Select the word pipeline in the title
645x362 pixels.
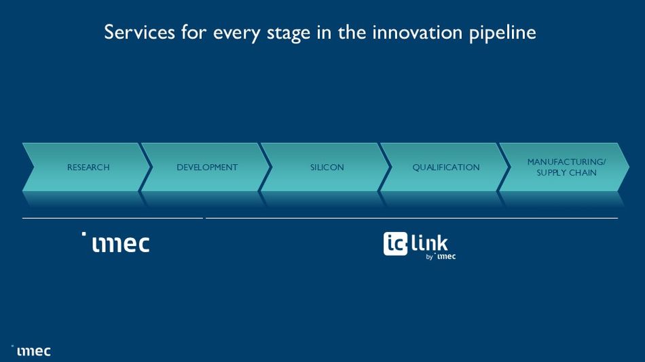click(x=505, y=33)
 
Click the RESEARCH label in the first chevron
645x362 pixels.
click(x=88, y=167)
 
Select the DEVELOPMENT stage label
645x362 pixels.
click(x=207, y=167)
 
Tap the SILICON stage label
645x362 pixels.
click(x=327, y=167)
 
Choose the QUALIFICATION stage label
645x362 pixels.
click(x=446, y=167)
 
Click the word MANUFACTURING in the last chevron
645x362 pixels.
click(x=566, y=162)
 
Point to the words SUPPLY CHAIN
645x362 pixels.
click(x=566, y=173)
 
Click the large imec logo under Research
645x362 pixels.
click(x=121, y=243)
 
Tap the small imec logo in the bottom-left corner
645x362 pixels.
click(x=33, y=351)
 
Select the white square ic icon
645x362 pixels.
click(x=395, y=244)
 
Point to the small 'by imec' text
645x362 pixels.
click(x=441, y=257)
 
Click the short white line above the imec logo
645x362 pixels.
click(x=113, y=218)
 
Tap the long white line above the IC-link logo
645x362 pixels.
click(x=411, y=218)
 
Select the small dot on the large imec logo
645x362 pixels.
click(x=84, y=234)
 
